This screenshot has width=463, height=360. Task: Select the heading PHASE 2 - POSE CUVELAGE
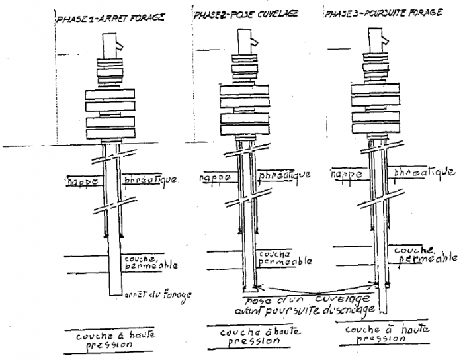238,13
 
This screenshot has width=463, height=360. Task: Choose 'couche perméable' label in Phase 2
284,257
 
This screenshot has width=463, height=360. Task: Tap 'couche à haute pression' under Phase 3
388,333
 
